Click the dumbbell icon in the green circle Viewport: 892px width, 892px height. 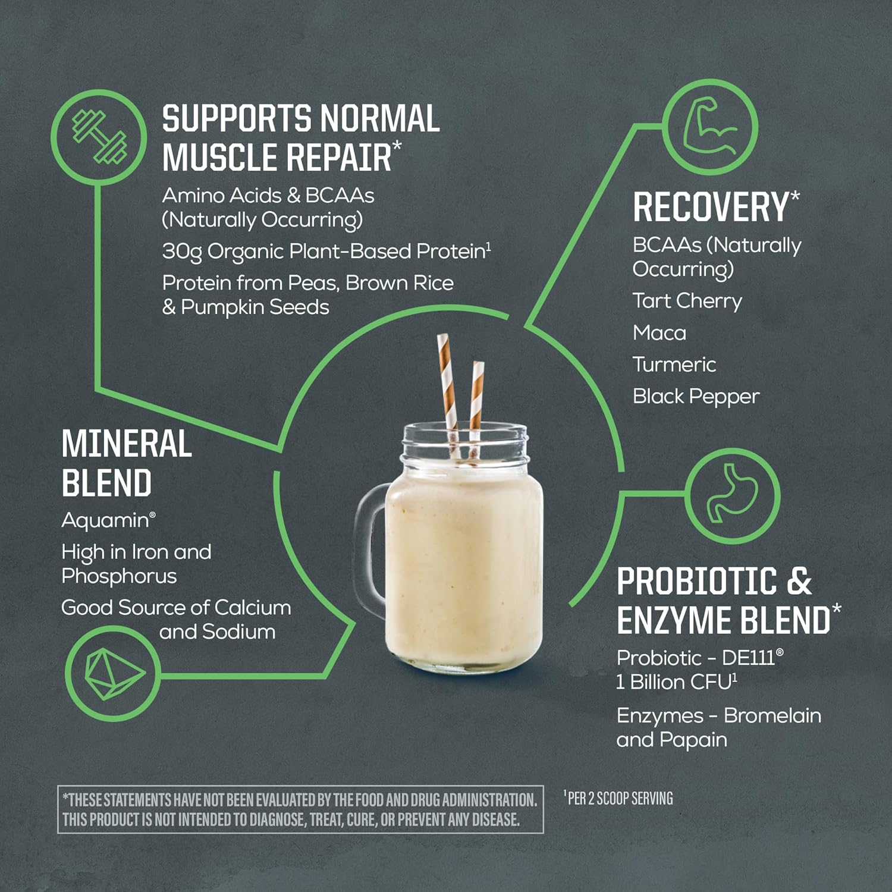click(99, 137)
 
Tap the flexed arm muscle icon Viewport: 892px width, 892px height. click(709, 127)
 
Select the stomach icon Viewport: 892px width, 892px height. click(732, 494)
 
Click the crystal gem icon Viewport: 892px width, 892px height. click(112, 674)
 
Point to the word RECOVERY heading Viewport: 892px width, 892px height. click(711, 207)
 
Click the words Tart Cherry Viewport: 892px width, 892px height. click(687, 301)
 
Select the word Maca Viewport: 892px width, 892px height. click(659, 333)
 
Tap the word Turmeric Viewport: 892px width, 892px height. click(674, 365)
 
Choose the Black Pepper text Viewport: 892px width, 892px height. click(696, 397)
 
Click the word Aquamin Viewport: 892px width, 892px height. click(106, 520)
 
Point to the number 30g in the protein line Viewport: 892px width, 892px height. click(181, 252)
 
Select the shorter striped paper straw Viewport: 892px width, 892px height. click(476, 398)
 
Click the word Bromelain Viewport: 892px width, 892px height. click(772, 715)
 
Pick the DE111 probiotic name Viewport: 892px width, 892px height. click(748, 658)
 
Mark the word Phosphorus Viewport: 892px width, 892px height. click(119, 576)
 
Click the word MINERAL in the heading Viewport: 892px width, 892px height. click(127, 444)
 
